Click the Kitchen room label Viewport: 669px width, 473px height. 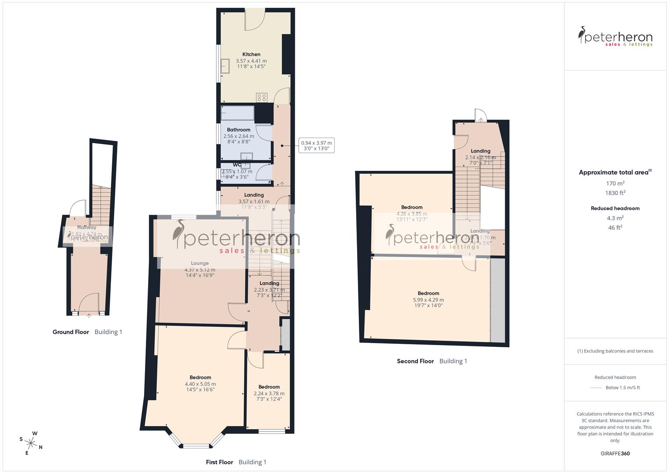251,54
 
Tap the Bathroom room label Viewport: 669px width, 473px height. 238,130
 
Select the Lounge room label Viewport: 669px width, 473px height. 200,263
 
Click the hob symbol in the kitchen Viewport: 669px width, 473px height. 262,98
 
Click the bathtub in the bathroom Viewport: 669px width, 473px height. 237,113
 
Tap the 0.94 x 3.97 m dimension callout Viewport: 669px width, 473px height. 316,145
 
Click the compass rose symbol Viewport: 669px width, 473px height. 31,443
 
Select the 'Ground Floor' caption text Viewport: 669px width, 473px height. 71,332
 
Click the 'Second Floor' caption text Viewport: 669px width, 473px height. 415,361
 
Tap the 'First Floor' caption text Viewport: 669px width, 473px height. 219,462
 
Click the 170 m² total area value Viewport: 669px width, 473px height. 615,184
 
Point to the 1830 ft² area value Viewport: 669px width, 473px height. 615,193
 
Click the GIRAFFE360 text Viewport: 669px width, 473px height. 615,454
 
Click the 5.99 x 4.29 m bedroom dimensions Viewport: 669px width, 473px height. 428,300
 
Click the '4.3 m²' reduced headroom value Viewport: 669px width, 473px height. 615,218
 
